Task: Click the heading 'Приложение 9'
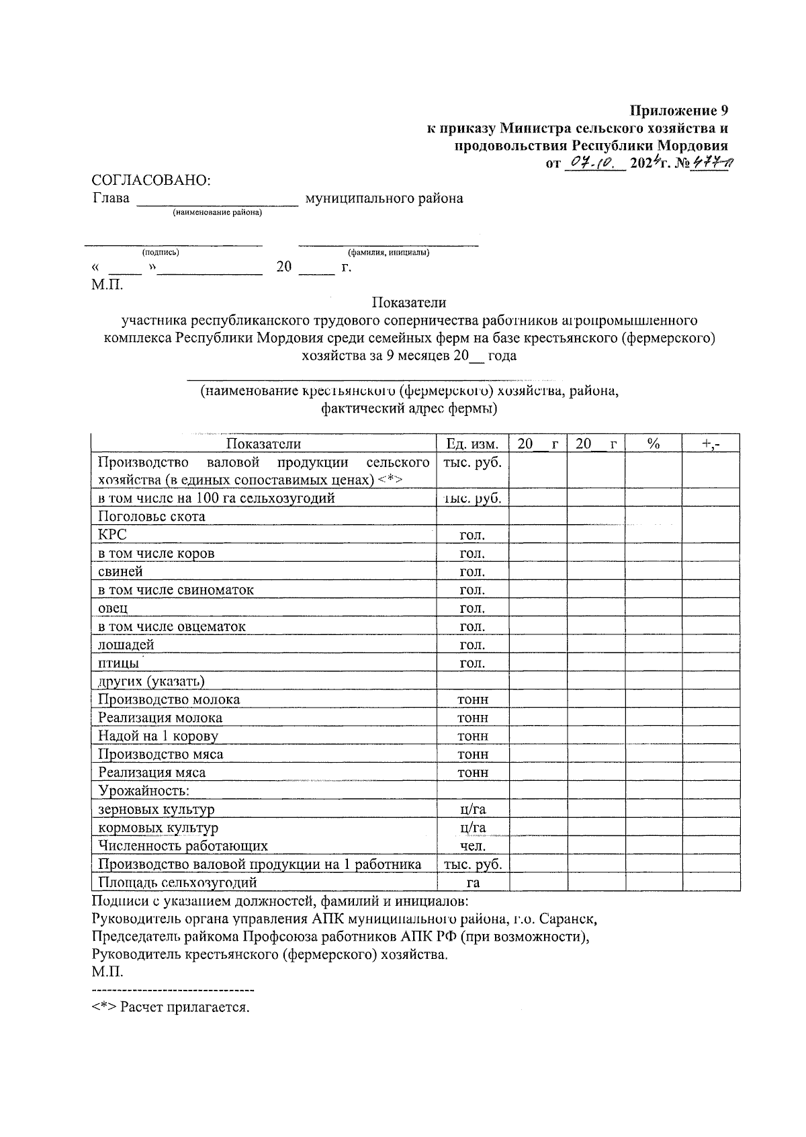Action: click(x=678, y=110)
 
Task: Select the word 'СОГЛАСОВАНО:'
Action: click(x=151, y=180)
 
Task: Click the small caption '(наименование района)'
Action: click(x=218, y=213)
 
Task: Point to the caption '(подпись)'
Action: click(x=160, y=253)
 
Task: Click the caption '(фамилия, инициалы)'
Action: click(x=388, y=253)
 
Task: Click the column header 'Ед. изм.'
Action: click(x=472, y=444)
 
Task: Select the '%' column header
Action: click(x=653, y=444)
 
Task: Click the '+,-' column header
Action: click(x=711, y=444)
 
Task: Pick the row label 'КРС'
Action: click(x=112, y=535)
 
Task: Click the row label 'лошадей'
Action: click(x=126, y=645)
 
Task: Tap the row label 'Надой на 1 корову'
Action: click(x=158, y=736)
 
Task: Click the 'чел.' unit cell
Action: click(x=472, y=846)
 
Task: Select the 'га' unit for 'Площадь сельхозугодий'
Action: click(x=472, y=883)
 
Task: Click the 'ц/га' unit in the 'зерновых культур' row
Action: click(x=472, y=810)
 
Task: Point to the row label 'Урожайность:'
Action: click(x=144, y=791)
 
